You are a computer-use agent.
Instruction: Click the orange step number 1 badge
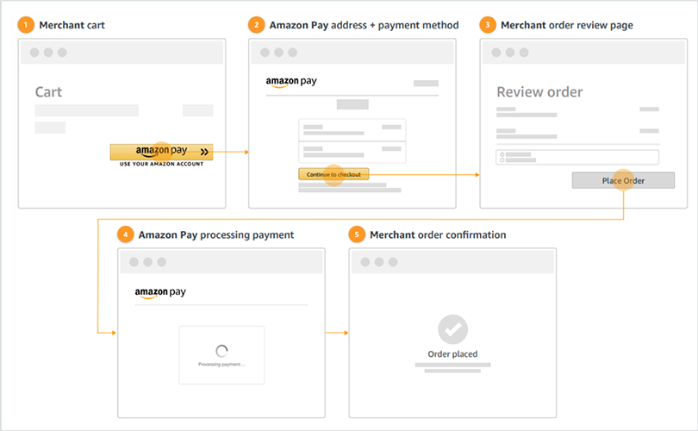click(x=26, y=25)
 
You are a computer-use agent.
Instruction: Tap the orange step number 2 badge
click(x=257, y=25)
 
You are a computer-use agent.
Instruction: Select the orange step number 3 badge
click(x=488, y=25)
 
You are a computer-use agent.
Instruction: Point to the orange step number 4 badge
click(x=126, y=234)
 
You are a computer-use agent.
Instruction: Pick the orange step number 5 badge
click(x=357, y=234)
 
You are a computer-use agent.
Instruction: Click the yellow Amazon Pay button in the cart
click(x=161, y=152)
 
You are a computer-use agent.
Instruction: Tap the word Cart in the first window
click(x=48, y=92)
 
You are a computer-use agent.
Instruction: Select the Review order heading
click(x=539, y=92)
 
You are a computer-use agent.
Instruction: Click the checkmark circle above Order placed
click(x=452, y=329)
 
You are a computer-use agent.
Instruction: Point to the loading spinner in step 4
click(x=221, y=351)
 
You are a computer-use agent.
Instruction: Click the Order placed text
click(x=452, y=354)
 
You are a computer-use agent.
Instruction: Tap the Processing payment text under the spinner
click(x=221, y=364)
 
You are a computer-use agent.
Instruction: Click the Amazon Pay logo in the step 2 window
click(x=291, y=83)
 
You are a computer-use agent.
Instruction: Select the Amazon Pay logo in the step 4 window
click(x=160, y=293)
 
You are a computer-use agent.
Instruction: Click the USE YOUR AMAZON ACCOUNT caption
click(x=161, y=164)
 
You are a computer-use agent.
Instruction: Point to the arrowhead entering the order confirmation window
click(x=346, y=332)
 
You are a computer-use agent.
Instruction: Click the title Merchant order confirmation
click(x=438, y=234)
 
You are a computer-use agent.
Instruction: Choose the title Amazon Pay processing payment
click(x=216, y=234)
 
